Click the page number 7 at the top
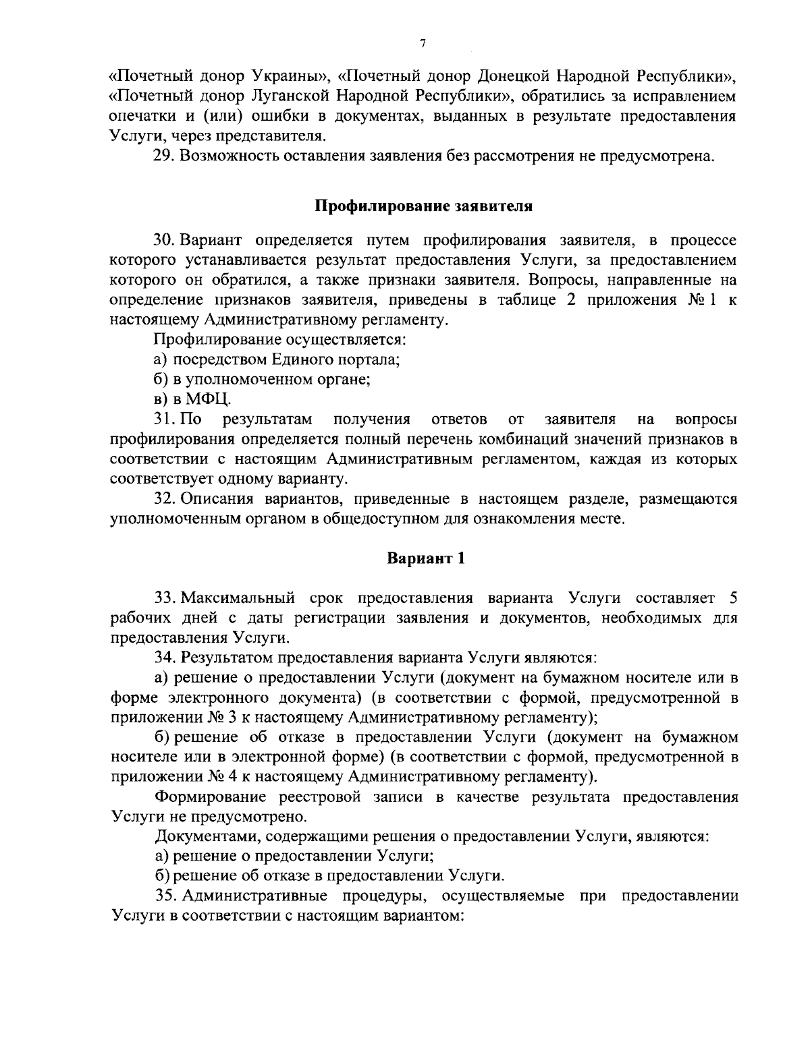pos(422,45)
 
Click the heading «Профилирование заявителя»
pos(425,206)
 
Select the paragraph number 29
pos(165,157)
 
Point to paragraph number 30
pos(165,241)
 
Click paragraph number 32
pos(165,499)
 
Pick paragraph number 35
pos(166,896)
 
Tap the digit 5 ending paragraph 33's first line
pos(733,597)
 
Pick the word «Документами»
pos(207,837)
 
